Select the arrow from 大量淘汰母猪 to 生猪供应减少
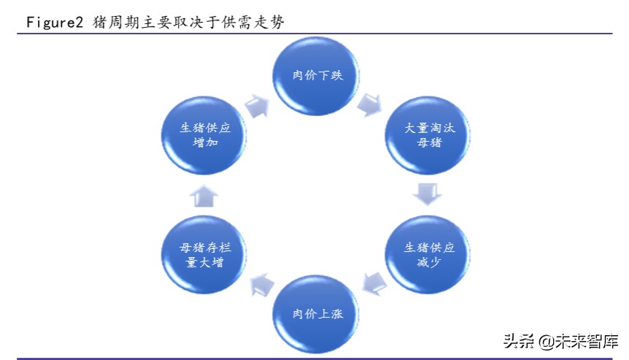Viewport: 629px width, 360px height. [428, 194]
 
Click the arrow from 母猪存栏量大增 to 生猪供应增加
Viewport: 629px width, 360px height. [205, 195]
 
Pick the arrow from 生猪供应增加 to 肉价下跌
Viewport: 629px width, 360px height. [256, 105]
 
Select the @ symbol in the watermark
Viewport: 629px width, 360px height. [544, 341]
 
